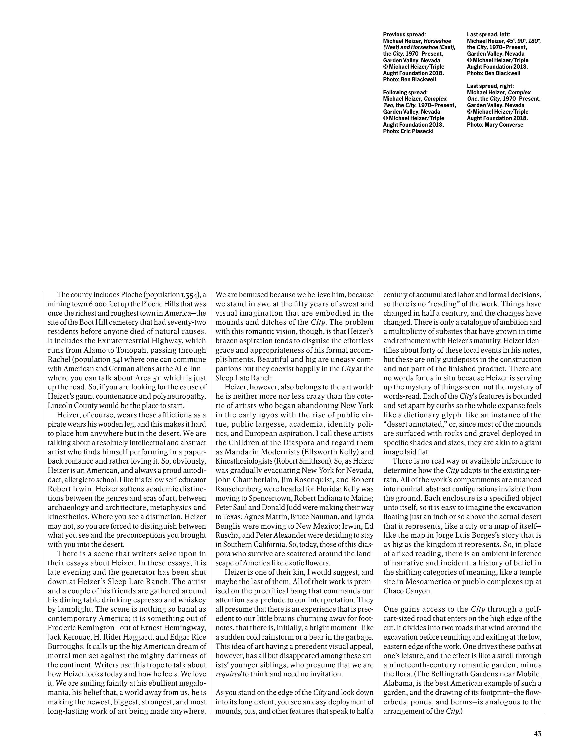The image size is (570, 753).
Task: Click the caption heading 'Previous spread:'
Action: pos(404,34)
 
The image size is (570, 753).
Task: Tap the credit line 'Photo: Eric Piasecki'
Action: pos(408,131)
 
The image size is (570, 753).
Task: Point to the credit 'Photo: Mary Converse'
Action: pos(495,125)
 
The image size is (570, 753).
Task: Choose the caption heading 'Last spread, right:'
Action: pos(490,86)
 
